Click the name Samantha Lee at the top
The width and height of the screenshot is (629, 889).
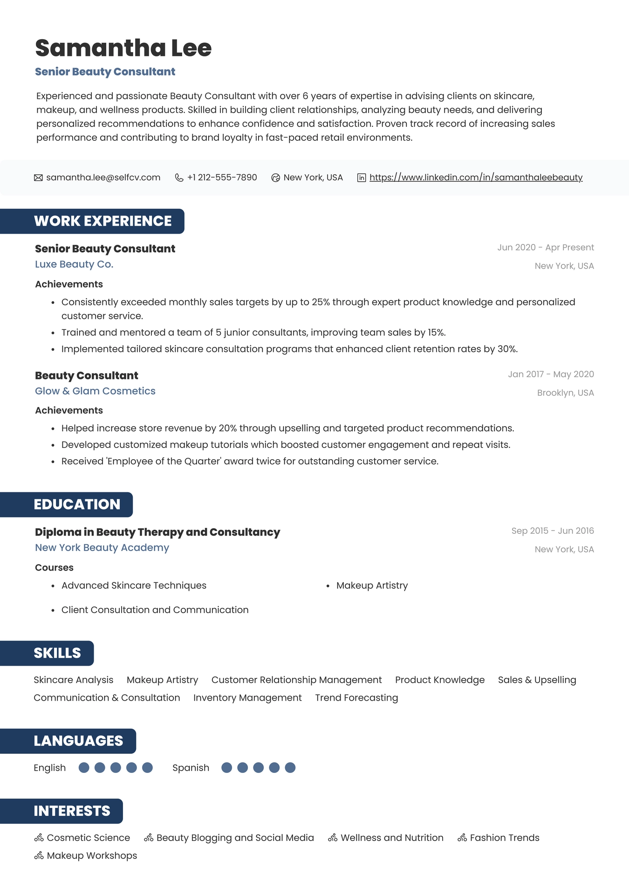[123, 48]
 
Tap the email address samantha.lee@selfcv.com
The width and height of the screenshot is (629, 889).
[103, 178]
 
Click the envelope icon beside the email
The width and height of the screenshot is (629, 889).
[38, 178]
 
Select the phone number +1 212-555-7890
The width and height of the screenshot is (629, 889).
[222, 178]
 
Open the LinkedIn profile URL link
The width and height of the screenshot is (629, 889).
[476, 178]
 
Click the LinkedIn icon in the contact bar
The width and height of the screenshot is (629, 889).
[361, 178]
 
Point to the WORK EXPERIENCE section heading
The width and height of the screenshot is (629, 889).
[103, 221]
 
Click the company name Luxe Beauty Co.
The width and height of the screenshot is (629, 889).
[74, 264]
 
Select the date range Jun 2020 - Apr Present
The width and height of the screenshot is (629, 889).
[545, 248]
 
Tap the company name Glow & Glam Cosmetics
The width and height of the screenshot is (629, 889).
[95, 391]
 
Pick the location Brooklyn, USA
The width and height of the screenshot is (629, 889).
[565, 393]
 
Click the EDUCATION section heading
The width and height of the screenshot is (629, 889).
[77, 504]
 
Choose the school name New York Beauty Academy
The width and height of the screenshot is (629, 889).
[102, 548]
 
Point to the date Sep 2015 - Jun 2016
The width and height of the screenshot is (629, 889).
[552, 531]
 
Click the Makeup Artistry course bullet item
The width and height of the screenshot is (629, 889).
[372, 586]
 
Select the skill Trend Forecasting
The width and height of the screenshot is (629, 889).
[356, 698]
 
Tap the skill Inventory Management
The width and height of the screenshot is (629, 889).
[247, 698]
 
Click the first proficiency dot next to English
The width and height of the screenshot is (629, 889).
[84, 768]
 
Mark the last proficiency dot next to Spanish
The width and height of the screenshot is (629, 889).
[290, 768]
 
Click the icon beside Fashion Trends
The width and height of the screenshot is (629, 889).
[462, 838]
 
